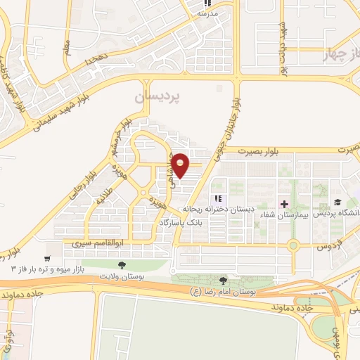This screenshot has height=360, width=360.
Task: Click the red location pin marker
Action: (180, 165)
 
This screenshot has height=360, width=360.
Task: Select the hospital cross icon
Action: (284, 204)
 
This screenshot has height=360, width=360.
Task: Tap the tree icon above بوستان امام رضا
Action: (224, 281)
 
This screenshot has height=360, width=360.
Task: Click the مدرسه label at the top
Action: (207, 13)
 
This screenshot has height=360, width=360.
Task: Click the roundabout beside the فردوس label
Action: (292, 245)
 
